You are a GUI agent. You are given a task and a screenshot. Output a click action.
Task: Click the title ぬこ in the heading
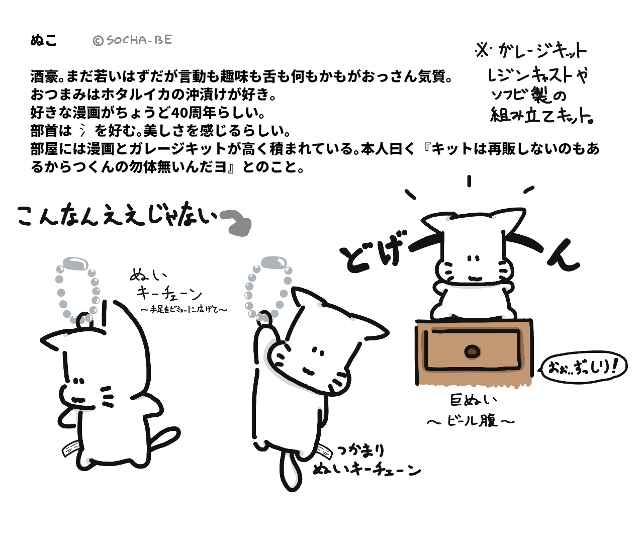[x=44, y=41]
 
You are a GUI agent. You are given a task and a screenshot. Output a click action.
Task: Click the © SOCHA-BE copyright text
[x=133, y=40]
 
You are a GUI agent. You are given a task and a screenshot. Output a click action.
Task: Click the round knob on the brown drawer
[x=472, y=351]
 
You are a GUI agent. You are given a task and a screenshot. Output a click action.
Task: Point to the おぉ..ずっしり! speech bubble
[x=583, y=368]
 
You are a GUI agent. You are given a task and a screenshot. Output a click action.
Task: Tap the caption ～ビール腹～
[x=471, y=421]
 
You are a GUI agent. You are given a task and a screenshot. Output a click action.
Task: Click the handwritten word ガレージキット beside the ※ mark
[x=542, y=51]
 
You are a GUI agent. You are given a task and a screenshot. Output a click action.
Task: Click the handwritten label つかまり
[x=360, y=450]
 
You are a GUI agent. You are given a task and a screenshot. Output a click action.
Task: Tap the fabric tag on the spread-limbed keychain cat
[x=70, y=449]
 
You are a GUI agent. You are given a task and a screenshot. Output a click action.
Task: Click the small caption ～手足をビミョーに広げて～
[x=184, y=309]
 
